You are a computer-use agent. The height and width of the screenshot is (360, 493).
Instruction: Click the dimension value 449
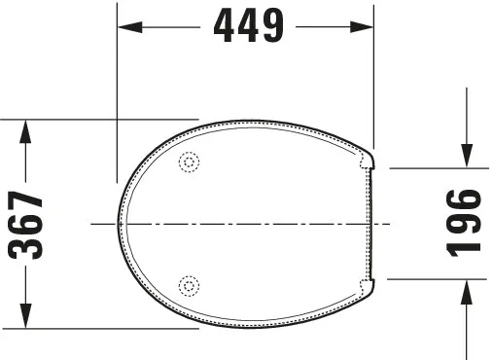coord(247,27)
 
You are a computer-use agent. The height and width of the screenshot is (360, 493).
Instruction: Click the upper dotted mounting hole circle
coord(190,163)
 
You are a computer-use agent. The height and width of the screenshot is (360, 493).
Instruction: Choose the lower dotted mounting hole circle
coord(190,285)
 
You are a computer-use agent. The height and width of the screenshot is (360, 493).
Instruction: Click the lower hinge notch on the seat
coord(368,288)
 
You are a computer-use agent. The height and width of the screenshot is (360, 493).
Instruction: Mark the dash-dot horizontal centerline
coord(243,224)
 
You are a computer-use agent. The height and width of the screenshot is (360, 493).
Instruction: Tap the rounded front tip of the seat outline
coord(121,224)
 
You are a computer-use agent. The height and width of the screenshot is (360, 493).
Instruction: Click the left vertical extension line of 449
coord(117,97)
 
